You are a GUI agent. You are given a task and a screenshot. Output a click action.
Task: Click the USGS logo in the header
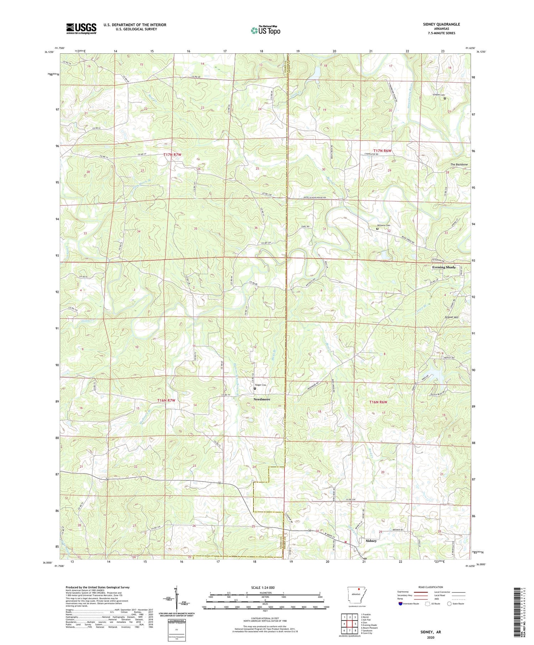(x=81, y=28)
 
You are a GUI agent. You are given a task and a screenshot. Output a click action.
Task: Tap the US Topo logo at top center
(x=265, y=30)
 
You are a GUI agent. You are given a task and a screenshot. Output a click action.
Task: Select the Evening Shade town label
(x=444, y=267)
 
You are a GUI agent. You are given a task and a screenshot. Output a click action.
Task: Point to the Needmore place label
(x=262, y=399)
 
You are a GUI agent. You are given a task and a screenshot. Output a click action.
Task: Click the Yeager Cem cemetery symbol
(x=255, y=388)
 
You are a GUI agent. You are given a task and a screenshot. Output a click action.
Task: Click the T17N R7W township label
(x=172, y=154)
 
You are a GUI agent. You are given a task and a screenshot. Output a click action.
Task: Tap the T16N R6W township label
(x=378, y=402)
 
